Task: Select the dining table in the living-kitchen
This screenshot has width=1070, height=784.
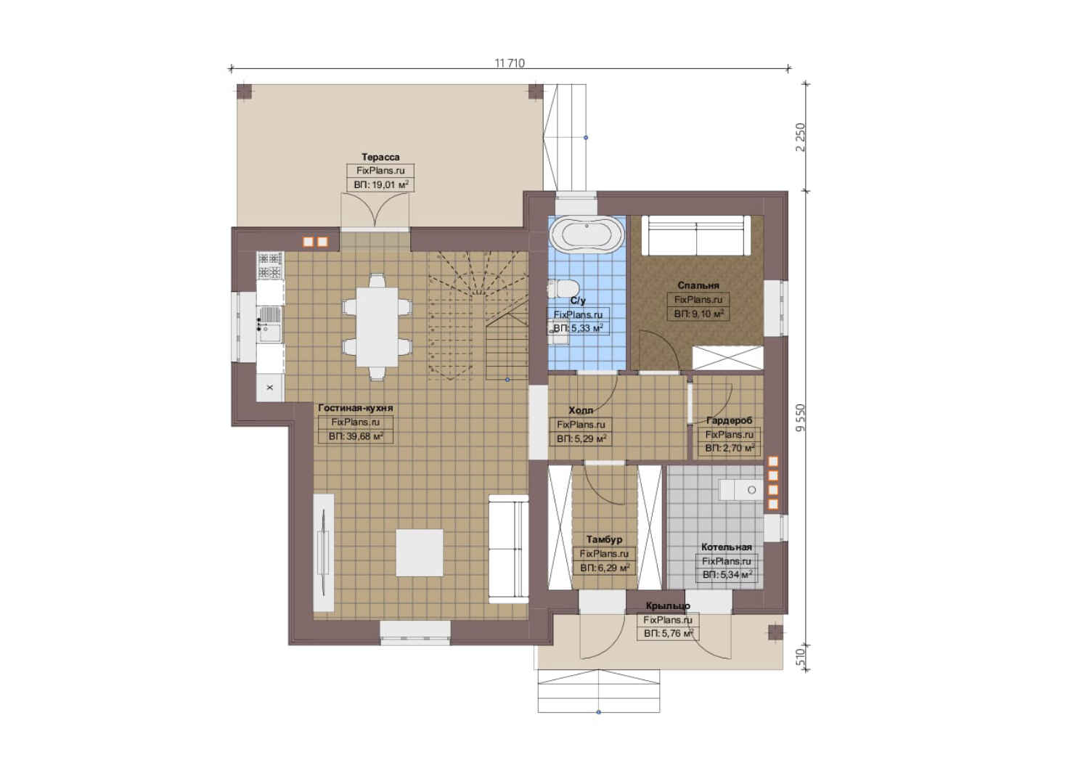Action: (377, 327)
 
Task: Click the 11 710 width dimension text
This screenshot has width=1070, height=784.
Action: (510, 63)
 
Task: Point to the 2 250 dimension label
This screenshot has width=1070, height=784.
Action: (801, 138)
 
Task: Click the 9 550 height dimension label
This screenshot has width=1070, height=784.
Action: (801, 419)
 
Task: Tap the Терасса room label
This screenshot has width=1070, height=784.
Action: (380, 158)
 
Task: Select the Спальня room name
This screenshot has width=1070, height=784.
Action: (698, 285)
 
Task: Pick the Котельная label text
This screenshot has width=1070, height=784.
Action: (726, 547)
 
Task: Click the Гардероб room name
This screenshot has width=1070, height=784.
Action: (729, 420)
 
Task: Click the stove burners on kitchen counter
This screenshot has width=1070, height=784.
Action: (269, 266)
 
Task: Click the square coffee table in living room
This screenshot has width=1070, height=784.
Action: (420, 552)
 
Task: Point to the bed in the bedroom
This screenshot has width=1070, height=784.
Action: (696, 235)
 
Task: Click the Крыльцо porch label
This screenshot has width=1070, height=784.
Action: (668, 606)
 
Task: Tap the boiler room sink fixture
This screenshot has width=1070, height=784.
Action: (741, 490)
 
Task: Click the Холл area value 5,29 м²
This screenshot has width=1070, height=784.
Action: (589, 438)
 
